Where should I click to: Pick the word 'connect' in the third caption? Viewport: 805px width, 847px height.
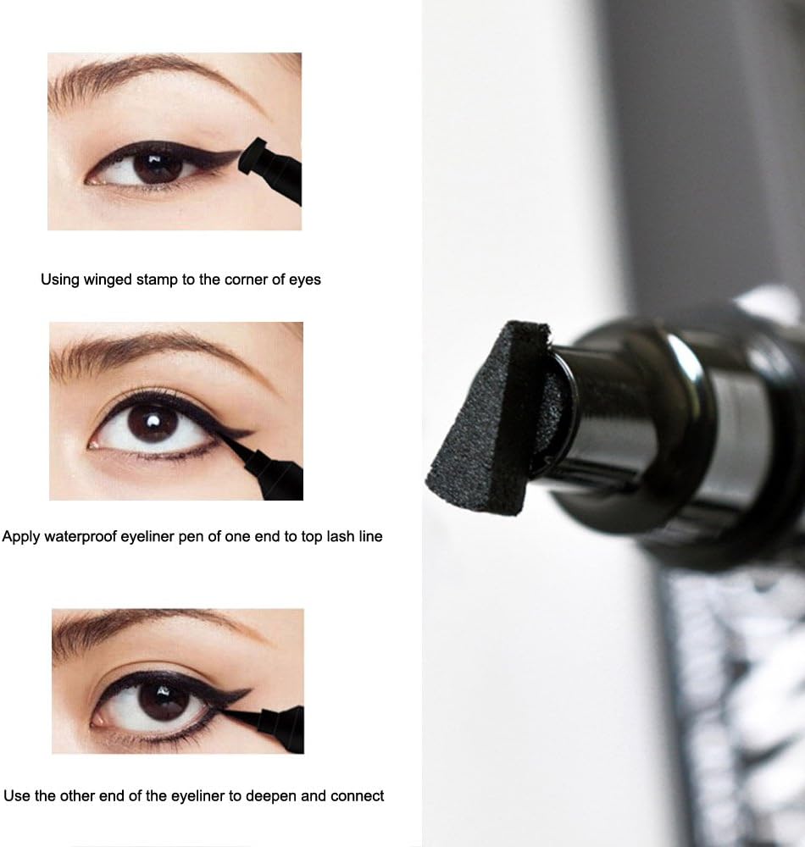tap(357, 796)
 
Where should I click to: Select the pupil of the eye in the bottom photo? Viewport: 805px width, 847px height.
tap(162, 701)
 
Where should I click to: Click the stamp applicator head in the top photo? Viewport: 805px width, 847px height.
tap(251, 156)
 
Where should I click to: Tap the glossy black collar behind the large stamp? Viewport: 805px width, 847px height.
tap(637, 427)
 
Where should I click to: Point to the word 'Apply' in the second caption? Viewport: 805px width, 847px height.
tap(21, 537)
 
